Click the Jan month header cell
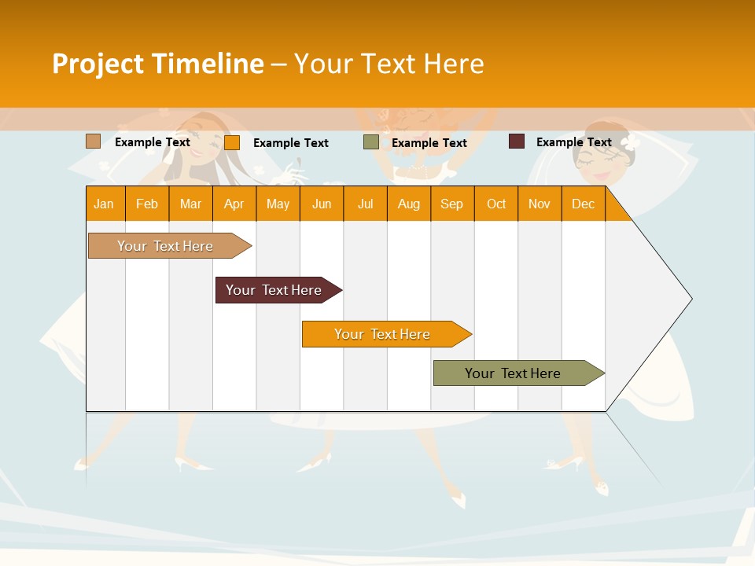click(105, 204)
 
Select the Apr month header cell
click(234, 204)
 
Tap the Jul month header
click(366, 204)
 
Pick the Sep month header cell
click(452, 204)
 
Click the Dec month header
click(583, 204)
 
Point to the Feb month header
click(147, 204)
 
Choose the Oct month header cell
click(496, 204)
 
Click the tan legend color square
click(94, 141)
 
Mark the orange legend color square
click(232, 142)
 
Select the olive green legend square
click(371, 142)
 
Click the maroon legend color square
click(517, 141)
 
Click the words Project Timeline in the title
click(157, 64)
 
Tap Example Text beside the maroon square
click(574, 142)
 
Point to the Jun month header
click(322, 204)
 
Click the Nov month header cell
click(540, 204)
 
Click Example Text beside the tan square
click(153, 142)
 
